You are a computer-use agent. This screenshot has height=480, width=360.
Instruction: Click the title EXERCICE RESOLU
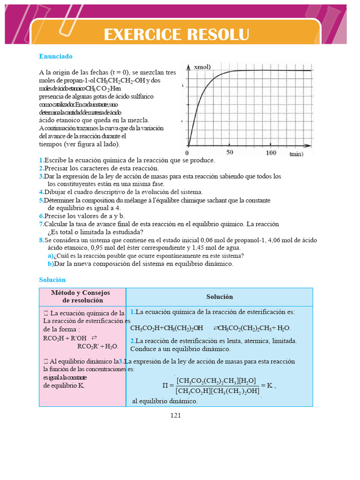(x=176, y=35)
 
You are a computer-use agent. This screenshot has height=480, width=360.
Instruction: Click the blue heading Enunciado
(x=56, y=56)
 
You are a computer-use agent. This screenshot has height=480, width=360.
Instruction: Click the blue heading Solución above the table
(x=52, y=280)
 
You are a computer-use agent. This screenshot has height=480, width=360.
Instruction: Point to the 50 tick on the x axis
(x=230, y=152)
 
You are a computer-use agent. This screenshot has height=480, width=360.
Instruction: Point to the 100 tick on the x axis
(x=271, y=152)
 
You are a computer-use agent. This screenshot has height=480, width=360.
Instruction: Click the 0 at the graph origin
(x=187, y=153)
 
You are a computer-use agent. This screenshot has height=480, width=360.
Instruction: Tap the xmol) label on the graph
(x=202, y=67)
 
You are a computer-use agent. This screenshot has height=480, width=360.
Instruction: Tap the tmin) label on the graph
(x=296, y=154)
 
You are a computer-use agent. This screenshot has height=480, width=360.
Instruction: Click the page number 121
(x=176, y=415)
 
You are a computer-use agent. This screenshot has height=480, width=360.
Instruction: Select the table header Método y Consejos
(x=82, y=292)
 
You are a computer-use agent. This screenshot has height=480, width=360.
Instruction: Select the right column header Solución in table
(x=219, y=297)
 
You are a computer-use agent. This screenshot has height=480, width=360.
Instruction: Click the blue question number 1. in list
(x=41, y=160)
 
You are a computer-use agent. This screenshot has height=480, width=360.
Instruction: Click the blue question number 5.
(x=41, y=200)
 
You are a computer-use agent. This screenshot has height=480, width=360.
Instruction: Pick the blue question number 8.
(x=41, y=240)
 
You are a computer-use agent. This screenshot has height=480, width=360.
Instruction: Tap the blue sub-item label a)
(x=50, y=256)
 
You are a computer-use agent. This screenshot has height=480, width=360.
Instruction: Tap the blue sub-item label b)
(x=50, y=264)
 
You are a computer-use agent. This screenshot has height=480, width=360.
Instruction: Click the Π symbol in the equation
(x=165, y=386)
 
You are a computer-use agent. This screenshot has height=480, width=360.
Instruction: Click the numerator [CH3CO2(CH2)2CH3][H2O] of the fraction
(x=216, y=381)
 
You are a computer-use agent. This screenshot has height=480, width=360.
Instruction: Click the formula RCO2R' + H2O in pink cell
(x=98, y=346)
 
